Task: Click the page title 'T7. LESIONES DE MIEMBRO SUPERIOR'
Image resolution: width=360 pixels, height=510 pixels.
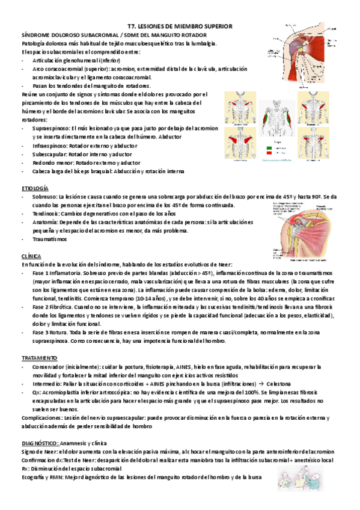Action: coord(181,27)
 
